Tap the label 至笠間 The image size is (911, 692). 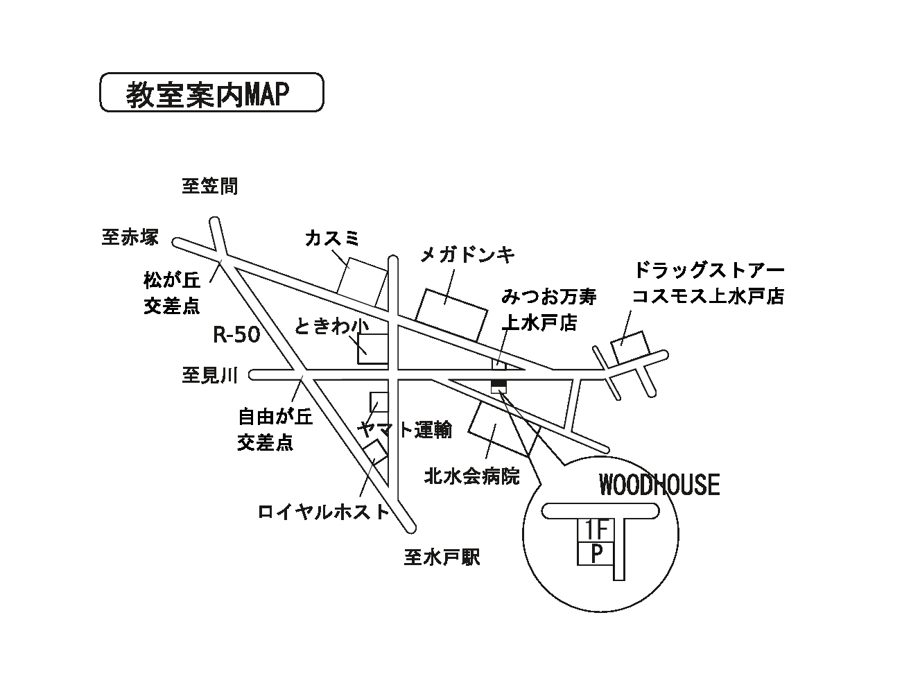click(209, 186)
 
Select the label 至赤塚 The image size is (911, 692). click(130, 238)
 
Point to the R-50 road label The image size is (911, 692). click(236, 336)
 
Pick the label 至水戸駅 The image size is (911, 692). click(442, 557)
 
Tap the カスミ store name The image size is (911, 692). click(333, 239)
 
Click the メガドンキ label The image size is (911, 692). click(468, 254)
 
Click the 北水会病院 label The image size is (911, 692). click(471, 476)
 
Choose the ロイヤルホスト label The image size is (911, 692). click(324, 512)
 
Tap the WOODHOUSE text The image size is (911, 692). click(659, 485)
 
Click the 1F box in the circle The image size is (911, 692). click(596, 530)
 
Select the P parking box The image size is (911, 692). click(596, 554)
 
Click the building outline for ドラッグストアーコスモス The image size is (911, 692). click(627, 345)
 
